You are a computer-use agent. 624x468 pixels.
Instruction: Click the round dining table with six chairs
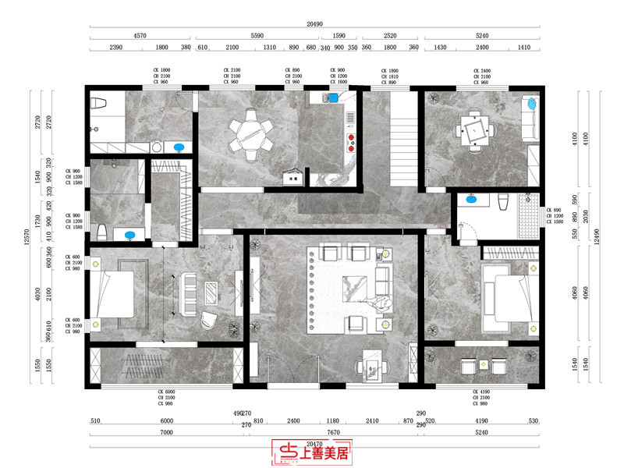(250, 135)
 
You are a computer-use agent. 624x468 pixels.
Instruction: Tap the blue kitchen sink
(334, 97)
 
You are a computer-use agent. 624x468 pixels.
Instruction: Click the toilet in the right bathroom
(503, 201)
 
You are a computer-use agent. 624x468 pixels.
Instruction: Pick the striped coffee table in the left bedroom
(211, 292)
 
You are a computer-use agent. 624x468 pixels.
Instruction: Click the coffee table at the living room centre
(355, 287)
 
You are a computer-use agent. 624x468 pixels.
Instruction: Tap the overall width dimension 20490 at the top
(314, 25)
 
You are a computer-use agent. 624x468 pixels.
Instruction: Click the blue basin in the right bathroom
(471, 200)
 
